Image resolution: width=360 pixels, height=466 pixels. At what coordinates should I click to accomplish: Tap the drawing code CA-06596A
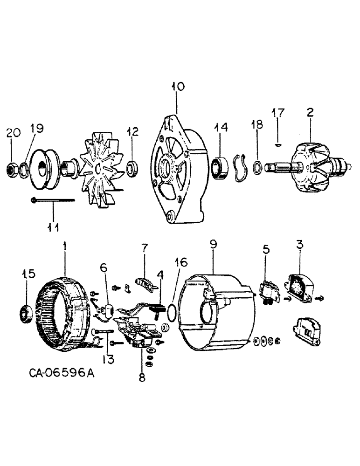[x=57, y=373]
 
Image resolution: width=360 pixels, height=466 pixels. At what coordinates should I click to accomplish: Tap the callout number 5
[x=266, y=250]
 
